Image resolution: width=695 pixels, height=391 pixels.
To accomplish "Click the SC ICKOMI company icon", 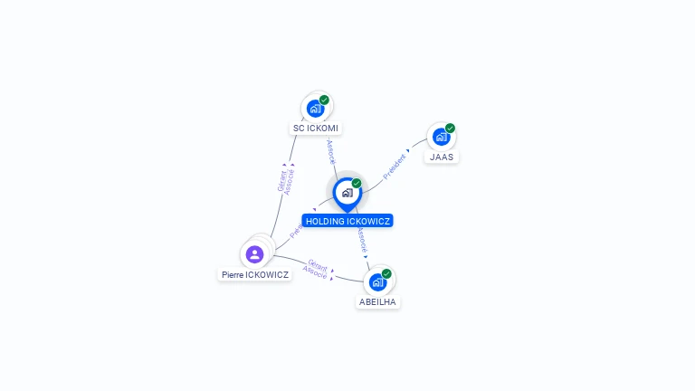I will click(315, 109).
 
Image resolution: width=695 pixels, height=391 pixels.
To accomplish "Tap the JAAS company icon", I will click(441, 137).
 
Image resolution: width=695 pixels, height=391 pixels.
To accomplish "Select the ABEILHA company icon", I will click(377, 281).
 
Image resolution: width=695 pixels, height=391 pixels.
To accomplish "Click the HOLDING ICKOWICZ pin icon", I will click(347, 193).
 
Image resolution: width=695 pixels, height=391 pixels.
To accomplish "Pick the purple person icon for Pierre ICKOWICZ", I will click(254, 254).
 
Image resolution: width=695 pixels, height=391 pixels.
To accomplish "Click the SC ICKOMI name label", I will click(316, 129).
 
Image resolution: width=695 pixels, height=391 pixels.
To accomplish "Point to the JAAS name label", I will click(442, 157).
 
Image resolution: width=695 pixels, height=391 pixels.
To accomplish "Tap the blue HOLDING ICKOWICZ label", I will click(347, 221).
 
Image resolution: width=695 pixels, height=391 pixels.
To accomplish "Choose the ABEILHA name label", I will click(377, 301).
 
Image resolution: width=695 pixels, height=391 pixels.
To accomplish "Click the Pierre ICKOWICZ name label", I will click(255, 274).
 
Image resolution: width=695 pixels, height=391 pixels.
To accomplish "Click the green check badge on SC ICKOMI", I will click(324, 100).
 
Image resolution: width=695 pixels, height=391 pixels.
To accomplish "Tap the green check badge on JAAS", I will click(450, 129).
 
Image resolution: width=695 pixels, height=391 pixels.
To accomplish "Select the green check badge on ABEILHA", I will click(386, 273).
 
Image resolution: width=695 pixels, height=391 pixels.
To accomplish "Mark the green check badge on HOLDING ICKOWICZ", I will click(357, 184).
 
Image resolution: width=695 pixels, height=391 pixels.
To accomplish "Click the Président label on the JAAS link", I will click(395, 167).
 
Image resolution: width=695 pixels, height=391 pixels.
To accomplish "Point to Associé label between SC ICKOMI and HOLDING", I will click(331, 151).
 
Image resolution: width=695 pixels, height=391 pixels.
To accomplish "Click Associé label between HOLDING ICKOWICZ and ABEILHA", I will click(362, 241).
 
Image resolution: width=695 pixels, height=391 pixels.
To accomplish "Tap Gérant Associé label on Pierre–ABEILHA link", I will click(316, 268).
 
